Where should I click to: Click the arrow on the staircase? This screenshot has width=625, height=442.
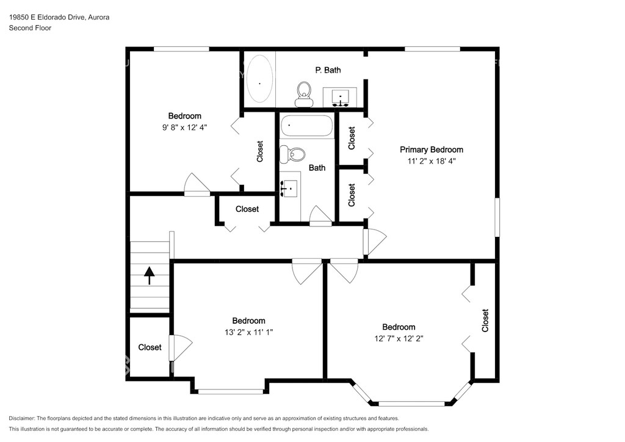150,275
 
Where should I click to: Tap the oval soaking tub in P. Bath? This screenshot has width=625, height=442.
259,79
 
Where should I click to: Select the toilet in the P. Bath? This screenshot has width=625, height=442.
304,95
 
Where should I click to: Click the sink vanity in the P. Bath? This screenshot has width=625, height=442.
340,97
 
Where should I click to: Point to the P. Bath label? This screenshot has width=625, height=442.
328,70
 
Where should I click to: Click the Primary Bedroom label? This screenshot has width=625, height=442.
432,150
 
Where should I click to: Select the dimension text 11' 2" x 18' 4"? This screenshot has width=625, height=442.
432,161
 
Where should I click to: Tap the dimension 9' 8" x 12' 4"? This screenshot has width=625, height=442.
184,128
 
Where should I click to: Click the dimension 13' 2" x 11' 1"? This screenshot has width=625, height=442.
249,332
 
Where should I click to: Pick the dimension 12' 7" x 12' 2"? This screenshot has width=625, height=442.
399,338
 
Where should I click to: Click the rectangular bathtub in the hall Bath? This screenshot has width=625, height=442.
306,126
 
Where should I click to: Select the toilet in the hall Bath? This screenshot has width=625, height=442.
292,154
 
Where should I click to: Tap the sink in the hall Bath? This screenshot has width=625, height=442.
290,187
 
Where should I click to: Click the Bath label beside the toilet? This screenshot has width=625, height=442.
317,168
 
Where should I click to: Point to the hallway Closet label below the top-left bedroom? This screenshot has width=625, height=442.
247,209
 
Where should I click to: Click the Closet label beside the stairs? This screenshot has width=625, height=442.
150,347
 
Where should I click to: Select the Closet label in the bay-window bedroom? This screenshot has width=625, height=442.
485,321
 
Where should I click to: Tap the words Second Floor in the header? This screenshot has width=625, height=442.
31,28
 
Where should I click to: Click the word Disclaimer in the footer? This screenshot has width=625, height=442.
21,418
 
